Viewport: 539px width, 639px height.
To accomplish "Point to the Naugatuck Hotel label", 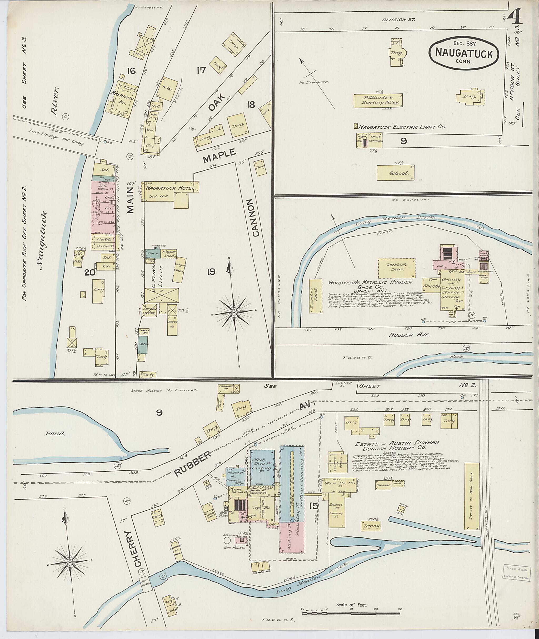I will (170, 188).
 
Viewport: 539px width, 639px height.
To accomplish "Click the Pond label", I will (58, 433).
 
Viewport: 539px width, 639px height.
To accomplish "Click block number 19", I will (211, 272).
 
